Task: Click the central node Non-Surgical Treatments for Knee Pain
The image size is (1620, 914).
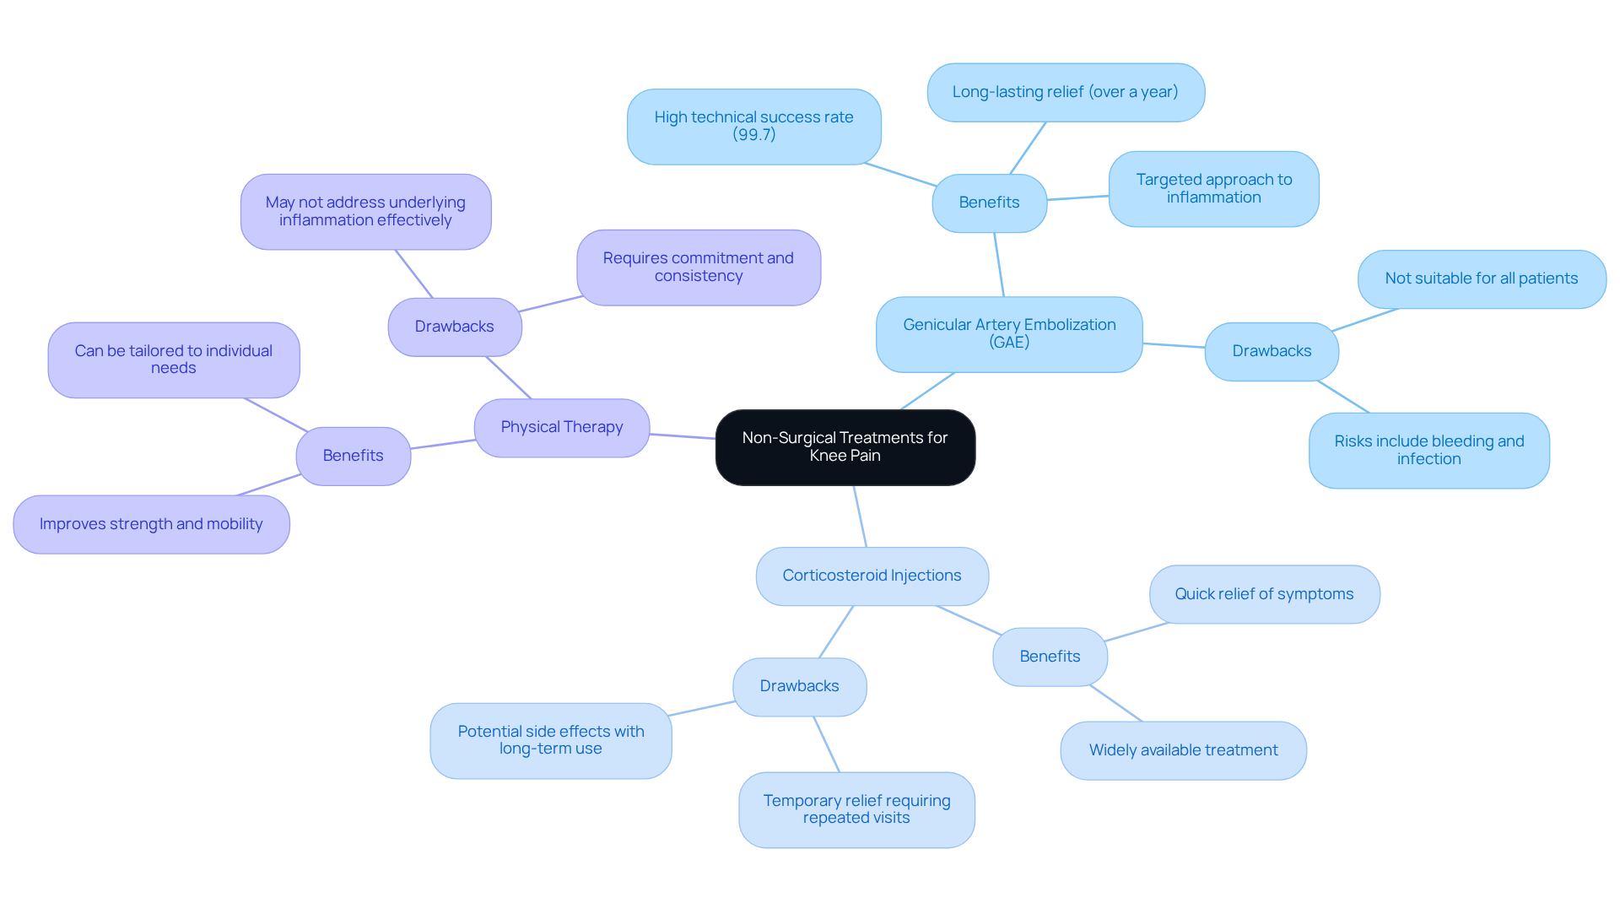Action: pyautogui.click(x=845, y=446)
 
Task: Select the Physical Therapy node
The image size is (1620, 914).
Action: pyautogui.click(x=561, y=427)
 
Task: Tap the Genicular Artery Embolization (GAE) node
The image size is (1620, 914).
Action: pyautogui.click(x=1009, y=333)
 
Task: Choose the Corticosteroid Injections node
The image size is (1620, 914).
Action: pyautogui.click(x=872, y=576)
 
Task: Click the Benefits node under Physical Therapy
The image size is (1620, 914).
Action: pyautogui.click(x=353, y=456)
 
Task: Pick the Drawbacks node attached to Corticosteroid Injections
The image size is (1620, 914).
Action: pyautogui.click(x=799, y=686)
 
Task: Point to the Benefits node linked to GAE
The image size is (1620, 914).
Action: pyautogui.click(x=989, y=203)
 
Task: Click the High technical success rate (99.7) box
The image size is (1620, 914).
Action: pyautogui.click(x=753, y=126)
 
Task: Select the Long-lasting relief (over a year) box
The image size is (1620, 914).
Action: pyautogui.click(x=1065, y=92)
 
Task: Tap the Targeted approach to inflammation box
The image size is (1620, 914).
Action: pyautogui.click(x=1213, y=188)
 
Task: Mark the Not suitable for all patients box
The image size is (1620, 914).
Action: pyautogui.click(x=1481, y=279)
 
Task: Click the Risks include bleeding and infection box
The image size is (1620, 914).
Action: pyautogui.click(x=1428, y=450)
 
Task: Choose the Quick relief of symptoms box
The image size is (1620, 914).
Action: pyautogui.click(x=1264, y=594)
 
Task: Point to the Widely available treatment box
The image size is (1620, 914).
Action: pyautogui.click(x=1183, y=750)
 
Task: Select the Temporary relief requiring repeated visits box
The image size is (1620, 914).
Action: pyautogui.click(x=856, y=809)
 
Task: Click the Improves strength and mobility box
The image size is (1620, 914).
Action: pyautogui.click(x=151, y=524)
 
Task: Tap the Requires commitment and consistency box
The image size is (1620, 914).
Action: pyautogui.click(x=698, y=267)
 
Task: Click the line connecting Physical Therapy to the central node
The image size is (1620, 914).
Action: pyautogui.click(x=683, y=436)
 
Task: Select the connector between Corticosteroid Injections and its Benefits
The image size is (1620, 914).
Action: pyautogui.click(x=969, y=620)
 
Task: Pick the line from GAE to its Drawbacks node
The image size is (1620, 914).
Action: pyautogui.click(x=1174, y=345)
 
